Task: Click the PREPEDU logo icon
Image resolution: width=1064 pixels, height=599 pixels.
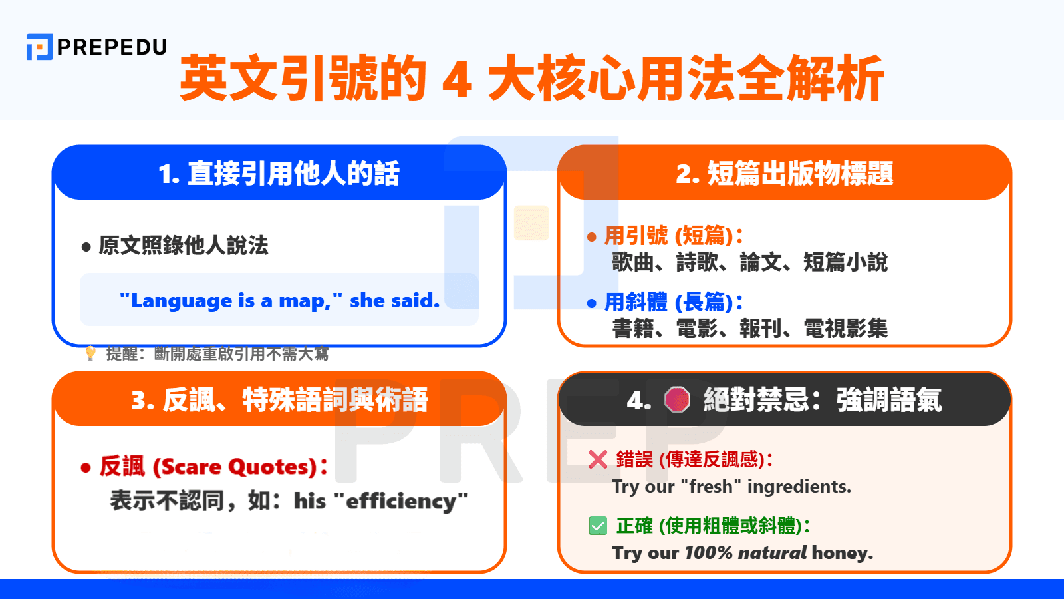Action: [x=39, y=47]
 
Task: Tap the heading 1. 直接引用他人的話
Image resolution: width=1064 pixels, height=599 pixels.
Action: [x=279, y=174]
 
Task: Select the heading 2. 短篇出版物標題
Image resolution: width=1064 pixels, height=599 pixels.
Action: [x=784, y=174]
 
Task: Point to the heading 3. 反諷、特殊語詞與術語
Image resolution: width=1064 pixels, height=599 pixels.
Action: [x=279, y=400]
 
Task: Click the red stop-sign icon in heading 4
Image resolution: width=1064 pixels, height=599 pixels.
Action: [x=677, y=399]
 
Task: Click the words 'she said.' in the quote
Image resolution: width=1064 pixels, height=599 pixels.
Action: [x=395, y=300]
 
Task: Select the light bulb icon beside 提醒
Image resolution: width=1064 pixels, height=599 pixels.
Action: [x=90, y=353]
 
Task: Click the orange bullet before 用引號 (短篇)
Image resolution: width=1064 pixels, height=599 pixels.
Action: [x=591, y=237]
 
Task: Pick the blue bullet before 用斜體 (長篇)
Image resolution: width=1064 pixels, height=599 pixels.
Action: [x=591, y=303]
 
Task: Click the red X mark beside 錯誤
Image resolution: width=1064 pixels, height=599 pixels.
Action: [x=598, y=459]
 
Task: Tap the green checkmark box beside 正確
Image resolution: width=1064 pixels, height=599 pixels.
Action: [x=598, y=526]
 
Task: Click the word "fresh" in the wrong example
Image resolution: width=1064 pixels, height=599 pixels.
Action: [x=711, y=487]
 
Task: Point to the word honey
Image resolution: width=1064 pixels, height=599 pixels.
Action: [x=842, y=553]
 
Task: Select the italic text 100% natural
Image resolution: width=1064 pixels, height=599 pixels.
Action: [x=745, y=553]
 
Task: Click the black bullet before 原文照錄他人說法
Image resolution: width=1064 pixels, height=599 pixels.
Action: [x=86, y=247]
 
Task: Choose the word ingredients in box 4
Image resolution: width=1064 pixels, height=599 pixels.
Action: [x=799, y=487]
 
